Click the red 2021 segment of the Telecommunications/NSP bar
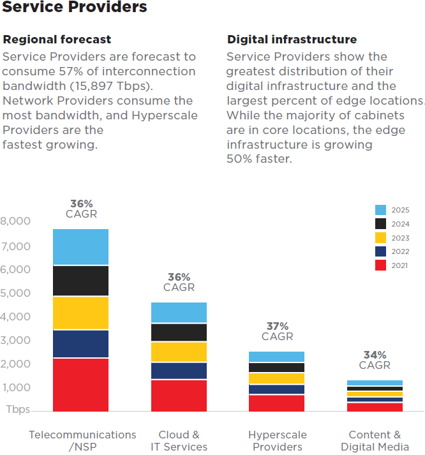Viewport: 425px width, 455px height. [x=80, y=384]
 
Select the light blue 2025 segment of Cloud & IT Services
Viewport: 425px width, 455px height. [x=179, y=313]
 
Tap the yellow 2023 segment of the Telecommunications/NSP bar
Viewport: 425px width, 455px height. [x=80, y=313]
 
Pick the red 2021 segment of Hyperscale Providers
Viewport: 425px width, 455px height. [x=276, y=403]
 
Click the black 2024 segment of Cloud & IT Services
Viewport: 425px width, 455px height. [x=179, y=332]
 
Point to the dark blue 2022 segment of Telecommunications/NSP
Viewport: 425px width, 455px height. [x=80, y=343]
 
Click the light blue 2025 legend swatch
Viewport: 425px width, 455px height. [x=381, y=210]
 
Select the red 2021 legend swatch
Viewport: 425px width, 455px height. [x=381, y=265]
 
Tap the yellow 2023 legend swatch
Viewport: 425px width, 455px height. [x=381, y=237]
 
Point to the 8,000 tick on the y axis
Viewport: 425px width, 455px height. [x=15, y=221]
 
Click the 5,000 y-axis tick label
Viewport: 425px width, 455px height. [x=15, y=293]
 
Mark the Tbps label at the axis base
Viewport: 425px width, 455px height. [x=18, y=410]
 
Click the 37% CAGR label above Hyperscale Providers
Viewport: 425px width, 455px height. [x=277, y=331]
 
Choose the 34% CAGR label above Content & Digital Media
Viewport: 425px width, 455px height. [x=375, y=360]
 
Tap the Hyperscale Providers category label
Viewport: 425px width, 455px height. [x=277, y=440]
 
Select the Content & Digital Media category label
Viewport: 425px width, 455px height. [x=375, y=440]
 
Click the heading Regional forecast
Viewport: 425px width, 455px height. [x=57, y=40]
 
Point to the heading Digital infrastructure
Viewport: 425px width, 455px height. [x=292, y=40]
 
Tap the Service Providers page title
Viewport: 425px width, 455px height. [x=75, y=8]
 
